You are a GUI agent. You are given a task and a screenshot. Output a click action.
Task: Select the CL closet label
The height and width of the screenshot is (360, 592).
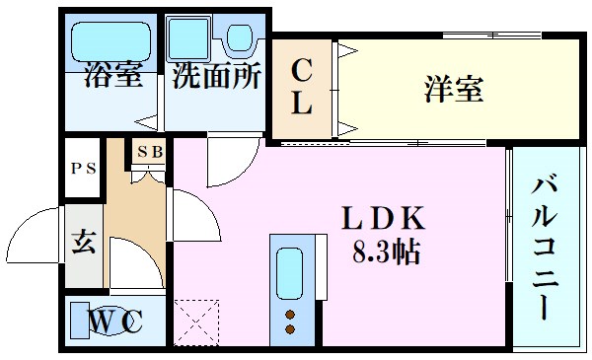click(x=302, y=87)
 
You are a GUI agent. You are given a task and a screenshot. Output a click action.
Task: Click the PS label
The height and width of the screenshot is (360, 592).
click(x=83, y=168)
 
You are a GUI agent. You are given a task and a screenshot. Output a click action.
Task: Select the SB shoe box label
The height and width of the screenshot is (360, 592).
click(x=151, y=152)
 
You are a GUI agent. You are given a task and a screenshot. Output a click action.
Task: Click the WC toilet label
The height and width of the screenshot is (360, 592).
click(x=116, y=323)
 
